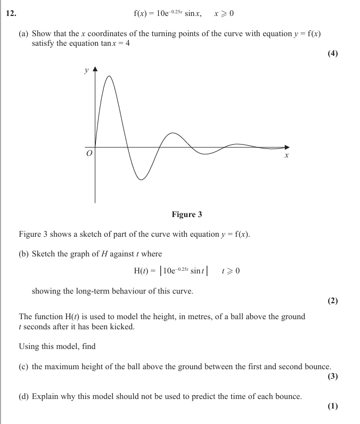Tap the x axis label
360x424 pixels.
click(x=287, y=156)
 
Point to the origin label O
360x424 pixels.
click(x=89, y=153)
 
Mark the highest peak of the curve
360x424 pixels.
click(x=110, y=77)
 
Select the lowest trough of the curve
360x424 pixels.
click(x=141, y=179)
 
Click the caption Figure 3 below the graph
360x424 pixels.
click(x=187, y=214)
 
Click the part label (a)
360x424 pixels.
click(x=23, y=34)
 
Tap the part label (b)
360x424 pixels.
click(x=23, y=254)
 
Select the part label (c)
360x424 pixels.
click(x=23, y=367)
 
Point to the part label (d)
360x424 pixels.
click(x=23, y=396)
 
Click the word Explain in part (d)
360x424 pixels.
click(x=46, y=396)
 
